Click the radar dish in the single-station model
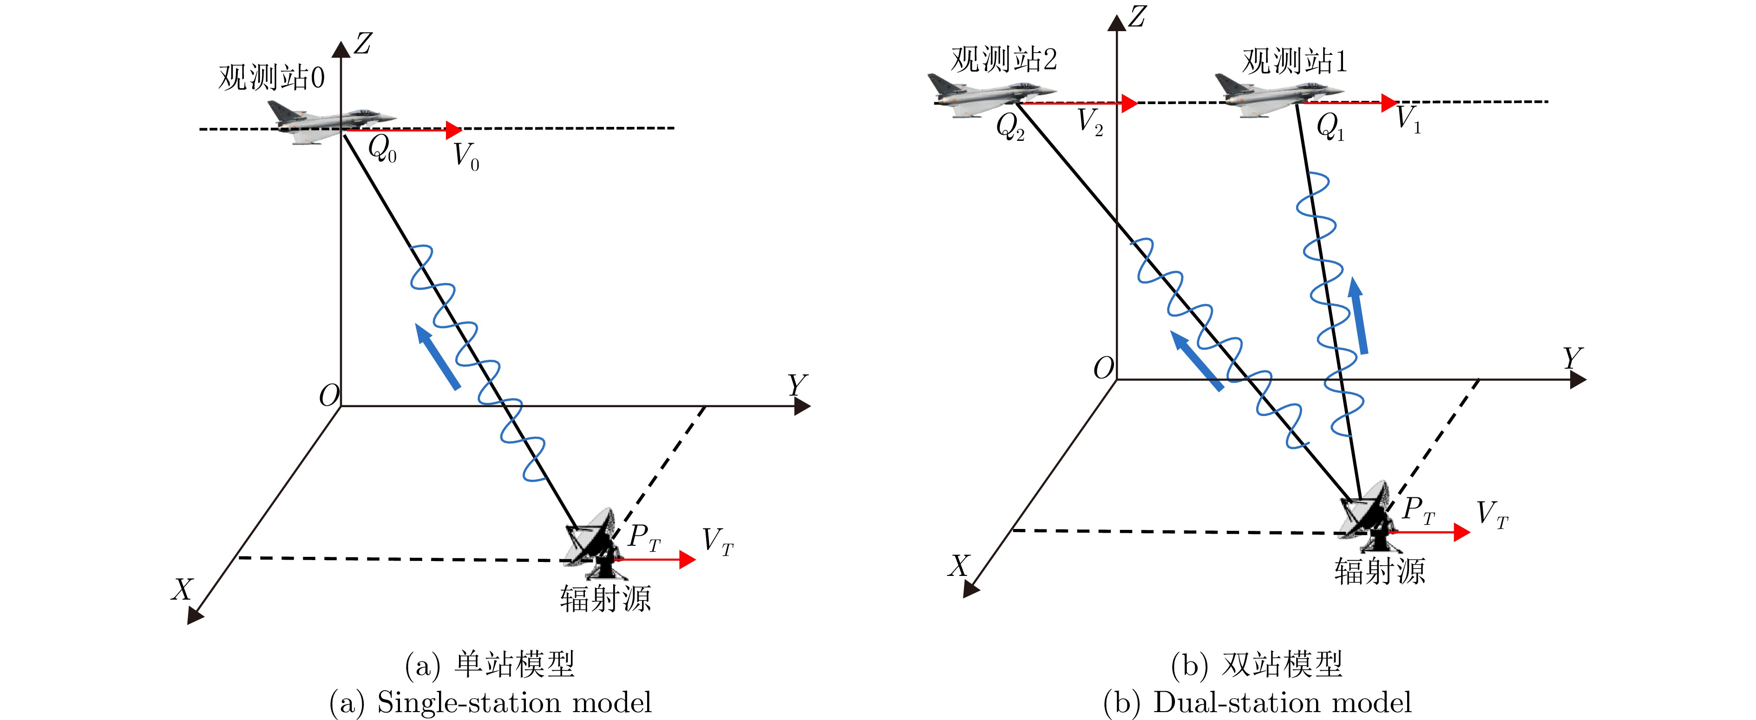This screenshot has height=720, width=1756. [x=593, y=542]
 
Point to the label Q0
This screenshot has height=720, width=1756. [x=382, y=149]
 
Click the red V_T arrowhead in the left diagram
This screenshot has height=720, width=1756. [x=687, y=560]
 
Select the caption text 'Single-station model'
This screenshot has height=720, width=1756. [x=515, y=703]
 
